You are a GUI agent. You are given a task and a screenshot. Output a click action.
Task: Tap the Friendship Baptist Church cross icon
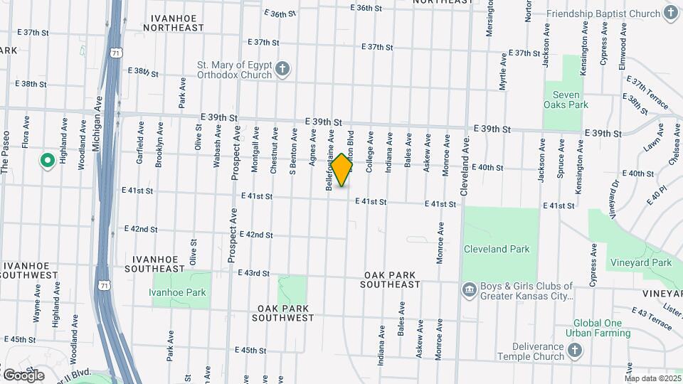pyautogui.click(x=670, y=13)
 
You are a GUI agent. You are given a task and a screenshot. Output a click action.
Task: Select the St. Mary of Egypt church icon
pyautogui.click(x=282, y=69)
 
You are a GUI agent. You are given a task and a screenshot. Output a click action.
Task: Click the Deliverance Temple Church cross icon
pyautogui.click(x=575, y=351)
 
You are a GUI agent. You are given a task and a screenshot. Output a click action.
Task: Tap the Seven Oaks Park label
pyautogui.click(x=566, y=100)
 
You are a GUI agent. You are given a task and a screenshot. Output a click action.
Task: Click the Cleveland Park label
pyautogui.click(x=496, y=249)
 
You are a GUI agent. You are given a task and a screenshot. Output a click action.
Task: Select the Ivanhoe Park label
pyautogui.click(x=177, y=292)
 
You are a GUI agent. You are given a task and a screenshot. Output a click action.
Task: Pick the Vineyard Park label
pyautogui.click(x=640, y=262)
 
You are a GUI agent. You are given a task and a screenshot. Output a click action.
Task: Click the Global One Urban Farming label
pyautogui.click(x=598, y=327)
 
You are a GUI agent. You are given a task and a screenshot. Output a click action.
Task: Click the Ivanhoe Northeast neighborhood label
pyautogui.click(x=173, y=21)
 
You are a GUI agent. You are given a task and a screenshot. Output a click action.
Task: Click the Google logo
pyautogui.click(x=23, y=375)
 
